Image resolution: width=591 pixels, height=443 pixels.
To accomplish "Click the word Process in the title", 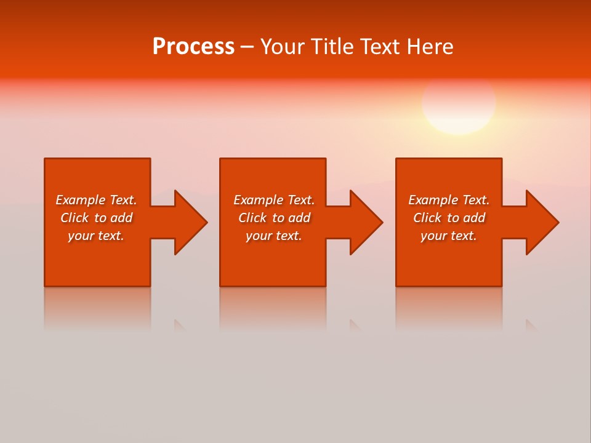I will point(193,47).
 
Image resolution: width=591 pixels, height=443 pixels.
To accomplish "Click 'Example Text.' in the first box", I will point(96,200).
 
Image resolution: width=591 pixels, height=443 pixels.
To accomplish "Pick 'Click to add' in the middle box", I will point(274,218).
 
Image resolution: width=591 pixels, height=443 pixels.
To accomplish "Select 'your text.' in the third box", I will point(449,236).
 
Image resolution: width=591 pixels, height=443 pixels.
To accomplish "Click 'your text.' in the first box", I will point(96,236).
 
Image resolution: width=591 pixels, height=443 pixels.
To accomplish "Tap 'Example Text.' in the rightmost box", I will point(449,200).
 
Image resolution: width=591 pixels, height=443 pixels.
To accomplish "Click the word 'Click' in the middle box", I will point(253,218).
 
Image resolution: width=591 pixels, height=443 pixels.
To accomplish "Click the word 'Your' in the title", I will point(280,47).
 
